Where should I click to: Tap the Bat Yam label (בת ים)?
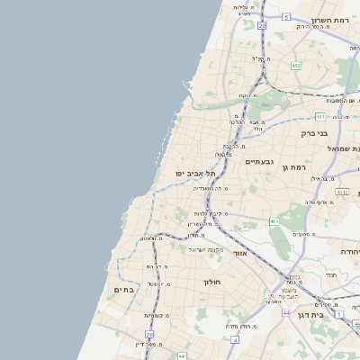123,290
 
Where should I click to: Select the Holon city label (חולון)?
212,282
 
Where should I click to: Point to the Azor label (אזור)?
239,254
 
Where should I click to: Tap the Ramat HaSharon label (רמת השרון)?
329,20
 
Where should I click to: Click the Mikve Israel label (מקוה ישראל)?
205,248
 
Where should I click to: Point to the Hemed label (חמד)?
330,274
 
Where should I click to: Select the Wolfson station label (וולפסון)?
149,238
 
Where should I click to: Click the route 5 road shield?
286,16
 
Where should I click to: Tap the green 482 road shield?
296,66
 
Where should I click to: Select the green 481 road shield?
320,116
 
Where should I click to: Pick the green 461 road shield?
274,220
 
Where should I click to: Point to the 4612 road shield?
341,192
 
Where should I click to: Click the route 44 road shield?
285,312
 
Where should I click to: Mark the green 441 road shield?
182,356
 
